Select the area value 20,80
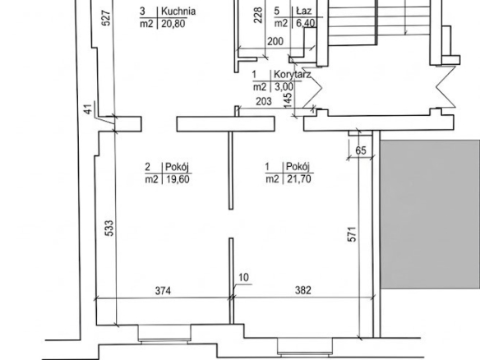coord(173,24)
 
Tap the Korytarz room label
coord(293,75)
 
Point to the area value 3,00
coord(284,87)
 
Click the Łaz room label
coord(304,11)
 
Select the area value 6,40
coord(306,23)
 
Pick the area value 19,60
coord(178,179)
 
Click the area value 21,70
coord(299,179)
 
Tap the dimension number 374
coord(163,290)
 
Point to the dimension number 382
coord(303,290)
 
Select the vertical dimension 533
coord(109,228)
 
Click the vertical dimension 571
coord(352,234)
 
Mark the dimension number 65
coord(361,150)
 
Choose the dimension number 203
coord(264,101)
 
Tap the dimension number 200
coord(275,41)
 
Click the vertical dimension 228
coord(258,15)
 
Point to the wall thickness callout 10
coord(243,278)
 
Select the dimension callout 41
coord(88,109)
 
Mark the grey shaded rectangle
coord(430,215)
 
